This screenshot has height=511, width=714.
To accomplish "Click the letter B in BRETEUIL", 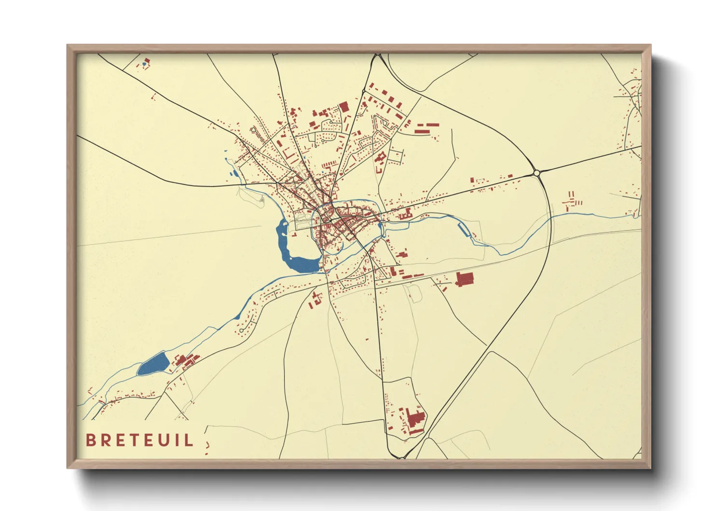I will (90, 440).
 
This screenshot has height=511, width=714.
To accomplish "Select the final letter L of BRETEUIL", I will (190, 440).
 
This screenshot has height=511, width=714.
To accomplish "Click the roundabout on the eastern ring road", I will (536, 172).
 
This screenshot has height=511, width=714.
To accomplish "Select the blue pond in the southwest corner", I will (153, 364).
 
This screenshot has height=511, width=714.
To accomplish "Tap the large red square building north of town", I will (343, 107).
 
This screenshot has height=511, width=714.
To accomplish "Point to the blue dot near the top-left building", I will (144, 64).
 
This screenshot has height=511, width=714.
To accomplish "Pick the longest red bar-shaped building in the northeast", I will (426, 130).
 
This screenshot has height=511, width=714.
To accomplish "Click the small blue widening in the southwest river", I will (237, 317).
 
